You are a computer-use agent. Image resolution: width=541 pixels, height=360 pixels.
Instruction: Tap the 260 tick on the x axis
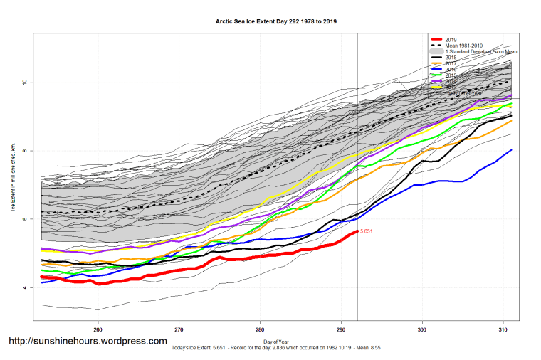pyautogui.click(x=98, y=329)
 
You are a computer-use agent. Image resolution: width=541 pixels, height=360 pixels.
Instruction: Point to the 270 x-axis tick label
pyautogui.click(x=179, y=329)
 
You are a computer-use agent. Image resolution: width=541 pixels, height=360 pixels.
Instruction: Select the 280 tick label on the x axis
pyautogui.click(x=261, y=329)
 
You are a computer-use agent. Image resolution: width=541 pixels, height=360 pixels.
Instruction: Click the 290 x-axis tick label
pyautogui.click(x=341, y=329)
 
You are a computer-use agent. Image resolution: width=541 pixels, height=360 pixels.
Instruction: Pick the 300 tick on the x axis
pyautogui.click(x=422, y=329)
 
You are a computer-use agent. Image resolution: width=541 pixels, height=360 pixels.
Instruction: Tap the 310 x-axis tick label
pyautogui.click(x=503, y=329)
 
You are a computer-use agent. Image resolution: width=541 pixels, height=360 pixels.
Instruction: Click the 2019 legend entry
pyautogui.click(x=451, y=39)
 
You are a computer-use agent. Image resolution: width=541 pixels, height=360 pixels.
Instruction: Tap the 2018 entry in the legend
pyautogui.click(x=451, y=58)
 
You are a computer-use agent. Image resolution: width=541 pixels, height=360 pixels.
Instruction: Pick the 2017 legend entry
pyautogui.click(x=451, y=64)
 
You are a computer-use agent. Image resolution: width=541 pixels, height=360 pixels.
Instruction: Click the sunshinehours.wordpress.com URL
pyautogui.click(x=88, y=342)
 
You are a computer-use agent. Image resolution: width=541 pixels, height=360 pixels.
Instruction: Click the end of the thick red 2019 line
pyautogui.click(x=357, y=232)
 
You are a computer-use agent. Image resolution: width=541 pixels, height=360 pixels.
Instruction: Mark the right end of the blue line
pyautogui.click(x=511, y=150)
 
